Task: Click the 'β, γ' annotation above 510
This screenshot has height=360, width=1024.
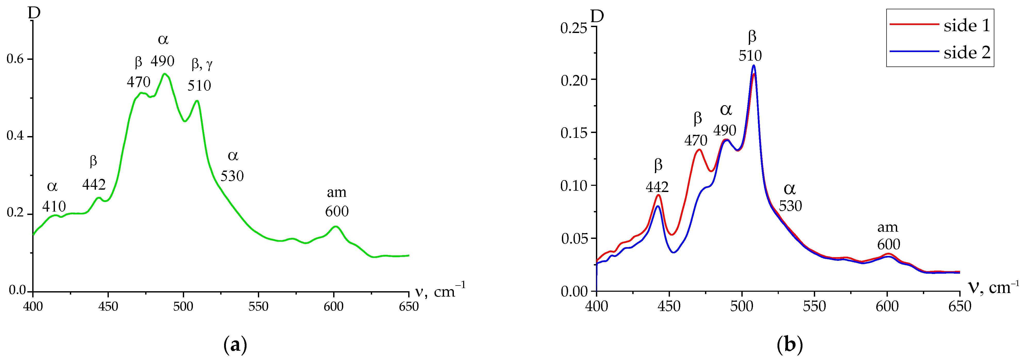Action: click(x=202, y=64)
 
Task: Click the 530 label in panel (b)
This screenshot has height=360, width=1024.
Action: click(x=790, y=206)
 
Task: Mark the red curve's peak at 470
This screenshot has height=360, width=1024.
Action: click(x=699, y=150)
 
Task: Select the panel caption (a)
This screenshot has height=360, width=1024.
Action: click(x=235, y=345)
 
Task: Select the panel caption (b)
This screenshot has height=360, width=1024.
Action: click(x=789, y=345)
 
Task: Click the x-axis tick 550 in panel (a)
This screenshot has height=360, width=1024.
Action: click(x=258, y=306)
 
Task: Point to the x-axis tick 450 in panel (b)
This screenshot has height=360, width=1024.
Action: click(x=669, y=306)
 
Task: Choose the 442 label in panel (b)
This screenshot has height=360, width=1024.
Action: click(x=657, y=187)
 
